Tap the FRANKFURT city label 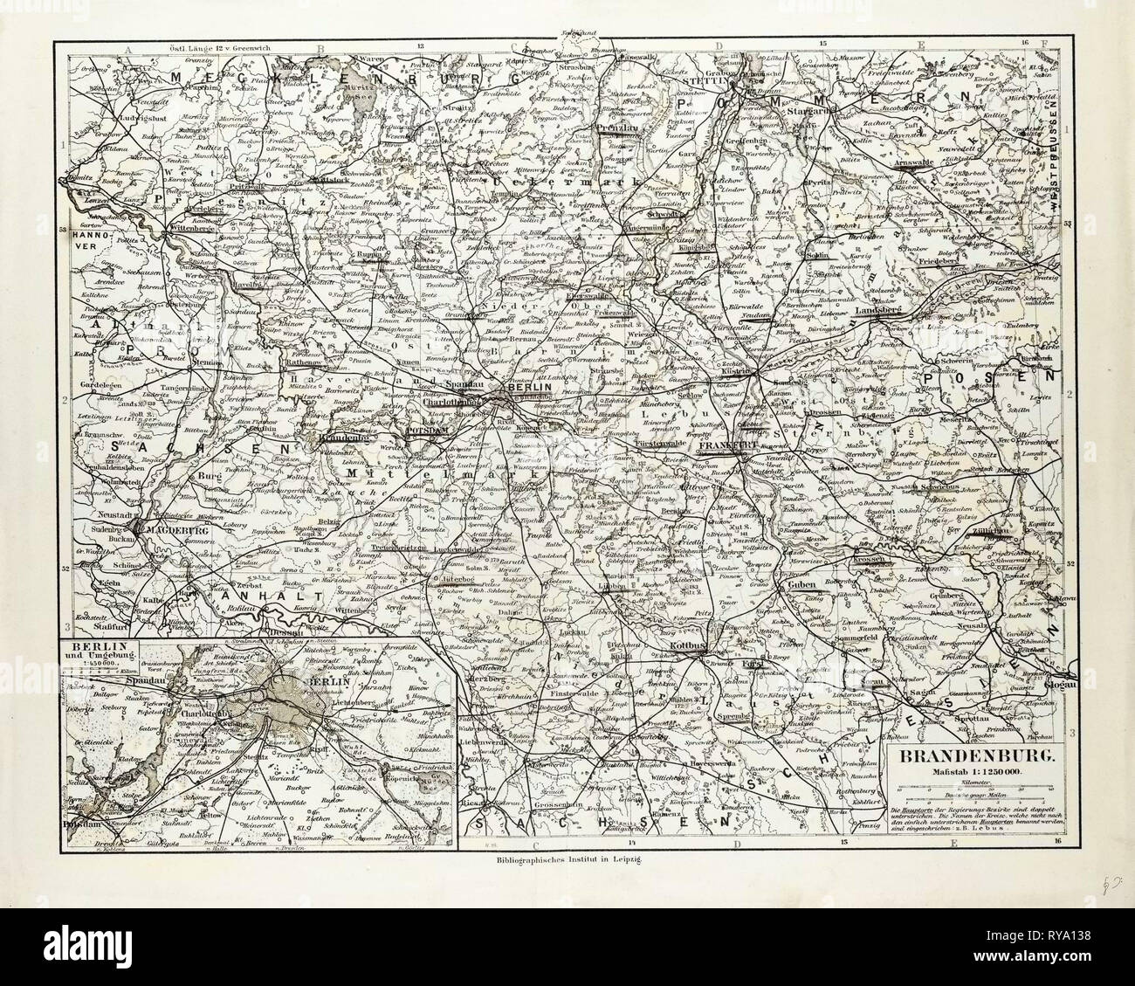coord(728,445)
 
